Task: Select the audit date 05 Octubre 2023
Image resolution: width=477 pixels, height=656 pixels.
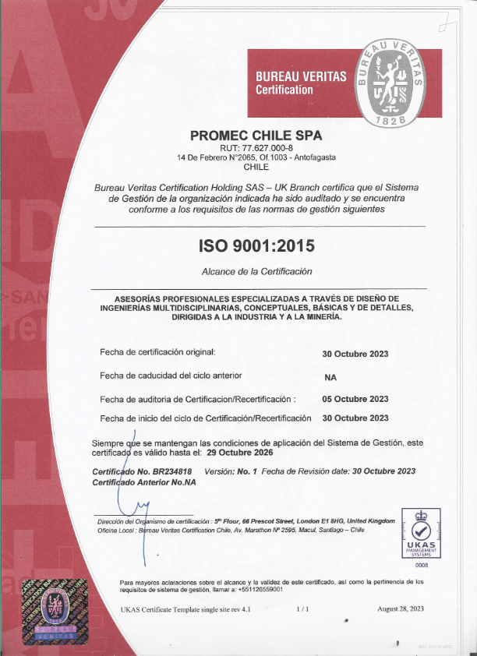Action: click(x=355, y=399)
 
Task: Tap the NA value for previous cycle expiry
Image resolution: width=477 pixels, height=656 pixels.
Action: click(x=330, y=376)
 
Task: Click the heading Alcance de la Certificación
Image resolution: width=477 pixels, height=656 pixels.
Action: click(x=256, y=271)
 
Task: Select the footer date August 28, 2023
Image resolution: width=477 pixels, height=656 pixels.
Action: click(x=400, y=608)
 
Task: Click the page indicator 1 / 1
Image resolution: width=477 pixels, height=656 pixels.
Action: click(x=302, y=608)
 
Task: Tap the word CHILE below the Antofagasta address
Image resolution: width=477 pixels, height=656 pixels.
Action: click(x=256, y=167)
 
